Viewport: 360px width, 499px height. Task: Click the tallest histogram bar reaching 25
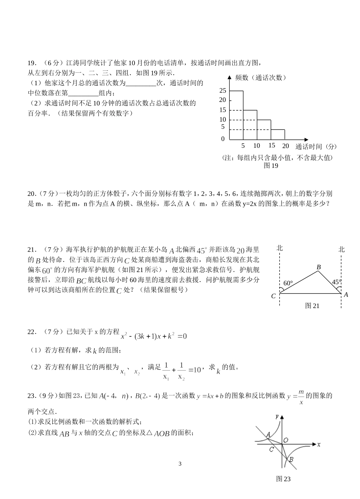pyautogui.click(x=236, y=115)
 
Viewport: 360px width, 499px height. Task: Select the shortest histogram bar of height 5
pyautogui.click(x=278, y=135)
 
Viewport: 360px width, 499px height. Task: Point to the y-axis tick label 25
pyautogui.click(x=222, y=91)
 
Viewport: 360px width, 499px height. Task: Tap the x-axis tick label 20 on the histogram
pyautogui.click(x=285, y=146)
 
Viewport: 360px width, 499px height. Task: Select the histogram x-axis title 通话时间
pyautogui.click(x=308, y=147)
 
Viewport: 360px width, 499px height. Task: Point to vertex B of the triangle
pyautogui.click(x=319, y=267)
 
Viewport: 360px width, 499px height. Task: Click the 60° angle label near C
pyautogui.click(x=288, y=283)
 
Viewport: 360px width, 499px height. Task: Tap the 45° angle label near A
pyautogui.click(x=336, y=282)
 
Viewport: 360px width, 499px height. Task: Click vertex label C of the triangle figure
pyautogui.click(x=273, y=296)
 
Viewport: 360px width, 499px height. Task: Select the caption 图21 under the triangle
pyautogui.click(x=312, y=306)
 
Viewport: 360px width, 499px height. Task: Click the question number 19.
pyautogui.click(x=32, y=63)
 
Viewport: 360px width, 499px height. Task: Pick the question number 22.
pyautogui.click(x=32, y=332)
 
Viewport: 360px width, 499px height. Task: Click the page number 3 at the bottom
pyautogui.click(x=180, y=464)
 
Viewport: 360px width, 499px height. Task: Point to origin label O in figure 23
pyautogui.click(x=286, y=440)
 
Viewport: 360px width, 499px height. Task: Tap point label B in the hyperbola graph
pyautogui.click(x=291, y=460)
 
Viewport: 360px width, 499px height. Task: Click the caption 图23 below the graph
pyautogui.click(x=283, y=479)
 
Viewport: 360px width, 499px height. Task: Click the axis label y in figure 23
pyautogui.click(x=277, y=416)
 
